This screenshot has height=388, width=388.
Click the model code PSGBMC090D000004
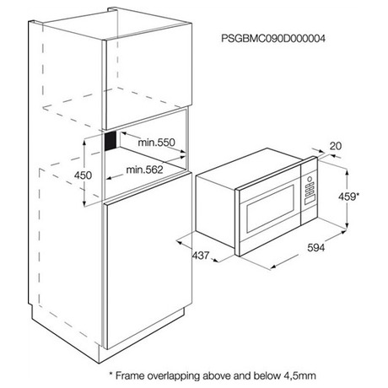[273, 39]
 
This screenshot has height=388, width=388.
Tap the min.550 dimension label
[156, 143]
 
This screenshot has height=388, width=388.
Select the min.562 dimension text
[144, 170]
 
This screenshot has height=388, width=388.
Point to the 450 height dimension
[83, 175]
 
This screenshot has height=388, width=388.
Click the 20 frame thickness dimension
[336, 146]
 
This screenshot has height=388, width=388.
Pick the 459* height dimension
[348, 197]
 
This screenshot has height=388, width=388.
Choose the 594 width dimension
[316, 248]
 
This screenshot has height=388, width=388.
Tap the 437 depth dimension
[201, 256]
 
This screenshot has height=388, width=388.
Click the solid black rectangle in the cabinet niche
[110, 141]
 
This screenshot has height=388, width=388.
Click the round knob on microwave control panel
[310, 179]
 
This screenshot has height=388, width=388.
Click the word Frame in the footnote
[130, 375]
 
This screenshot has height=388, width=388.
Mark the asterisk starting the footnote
[110, 374]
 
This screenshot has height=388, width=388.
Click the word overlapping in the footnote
[173, 376]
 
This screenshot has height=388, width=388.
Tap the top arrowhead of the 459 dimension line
[348, 171]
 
